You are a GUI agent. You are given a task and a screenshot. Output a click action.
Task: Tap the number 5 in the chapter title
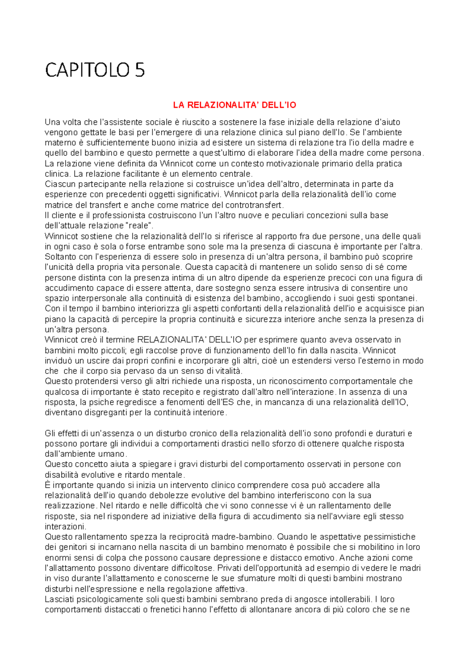pos(140,70)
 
